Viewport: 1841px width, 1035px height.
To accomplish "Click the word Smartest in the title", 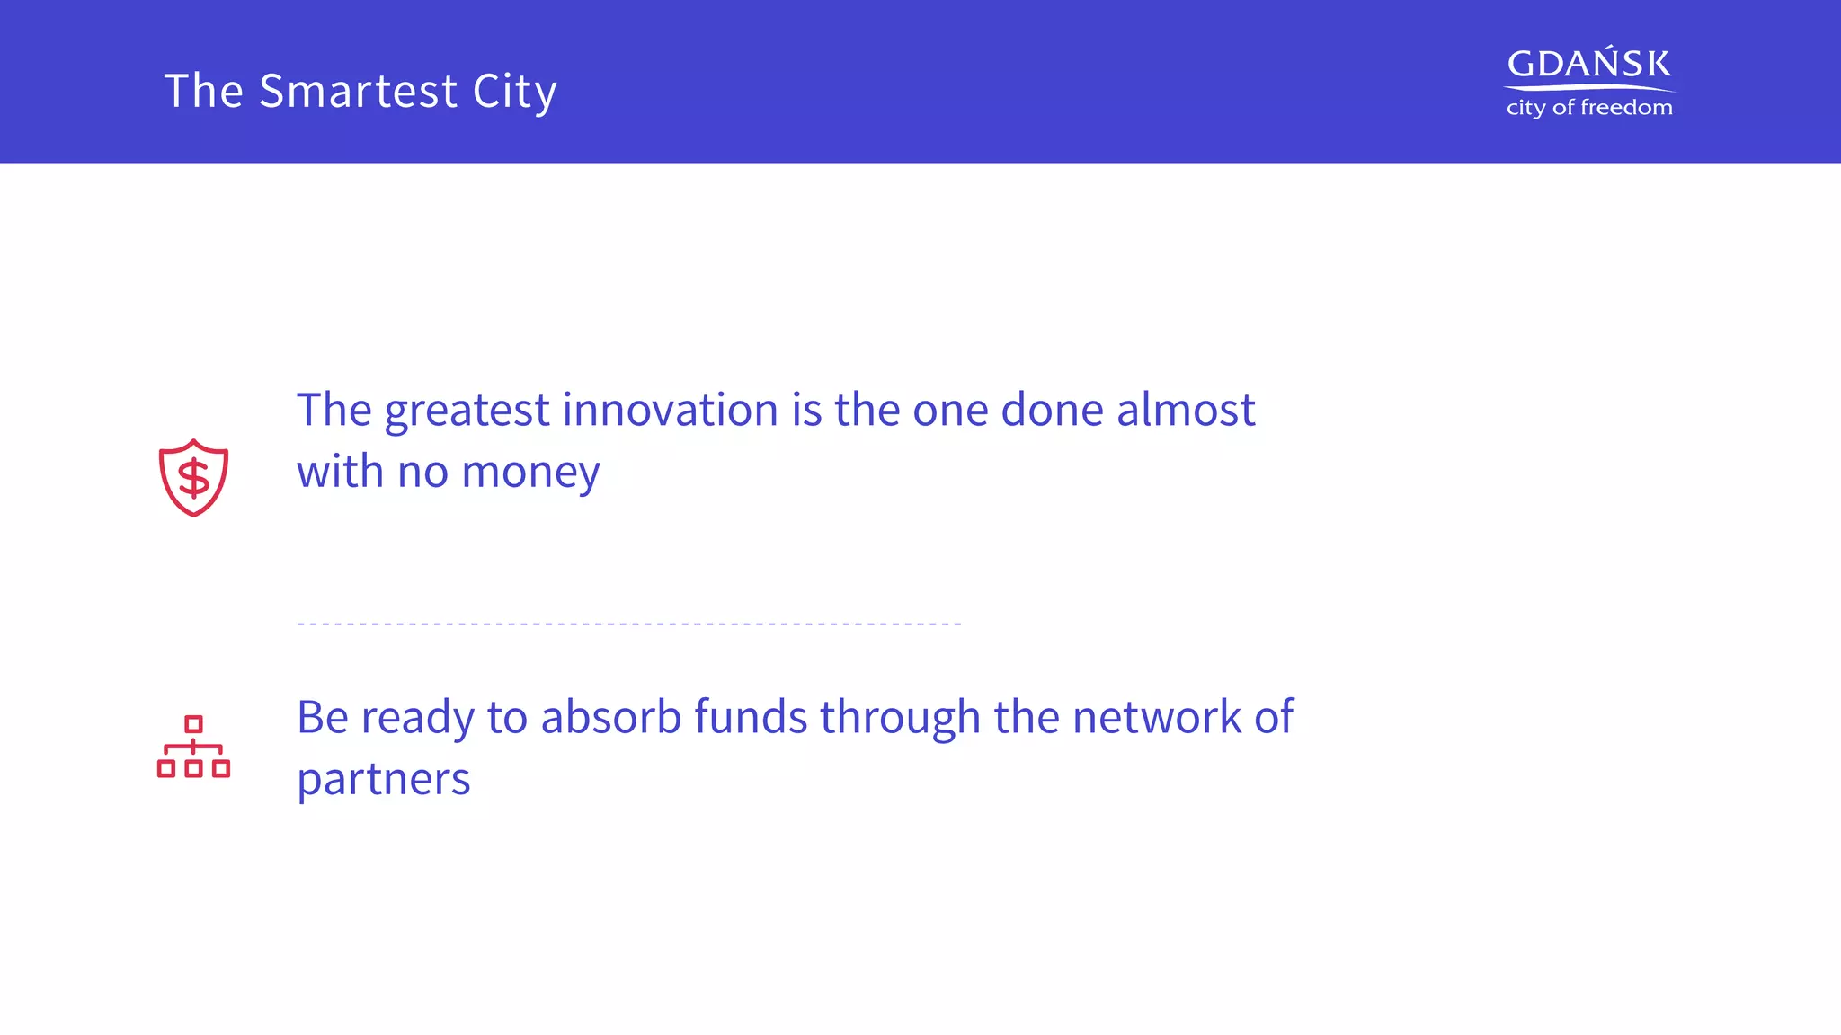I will [358, 92].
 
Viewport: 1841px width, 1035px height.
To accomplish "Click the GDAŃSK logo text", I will [1588, 65].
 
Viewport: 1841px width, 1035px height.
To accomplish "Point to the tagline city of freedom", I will [1588, 108].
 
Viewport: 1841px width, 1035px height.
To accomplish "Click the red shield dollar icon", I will [193, 477].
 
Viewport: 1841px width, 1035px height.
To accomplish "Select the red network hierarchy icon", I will [193, 747].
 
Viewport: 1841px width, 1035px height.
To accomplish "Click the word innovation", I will [670, 411].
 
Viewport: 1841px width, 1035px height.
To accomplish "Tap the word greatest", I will [467, 411].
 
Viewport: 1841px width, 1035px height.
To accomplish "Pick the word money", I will [530, 473].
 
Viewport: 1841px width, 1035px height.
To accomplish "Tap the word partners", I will [383, 780].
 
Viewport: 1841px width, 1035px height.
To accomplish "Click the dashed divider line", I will [629, 623].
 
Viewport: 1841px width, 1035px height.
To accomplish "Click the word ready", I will [417, 718].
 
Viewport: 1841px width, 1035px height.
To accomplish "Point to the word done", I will [1052, 411].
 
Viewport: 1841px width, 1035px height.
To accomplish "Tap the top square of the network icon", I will [193, 724].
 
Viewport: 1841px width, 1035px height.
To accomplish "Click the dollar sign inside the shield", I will [193, 478].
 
